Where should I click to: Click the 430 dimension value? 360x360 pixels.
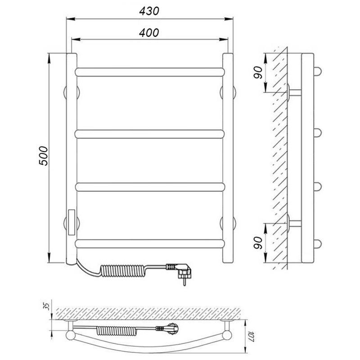coord(149,11)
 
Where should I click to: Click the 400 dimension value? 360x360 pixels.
coord(149,32)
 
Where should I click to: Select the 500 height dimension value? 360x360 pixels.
coord(43,156)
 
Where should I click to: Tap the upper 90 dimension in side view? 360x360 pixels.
coord(257,72)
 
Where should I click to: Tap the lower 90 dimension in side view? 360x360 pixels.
coord(257,243)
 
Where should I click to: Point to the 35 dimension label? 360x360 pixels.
coord(47,306)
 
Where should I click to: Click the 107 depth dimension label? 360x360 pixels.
coord(252,336)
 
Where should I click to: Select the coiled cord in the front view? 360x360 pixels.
coord(123,270)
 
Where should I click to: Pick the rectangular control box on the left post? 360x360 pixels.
coord(72,222)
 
